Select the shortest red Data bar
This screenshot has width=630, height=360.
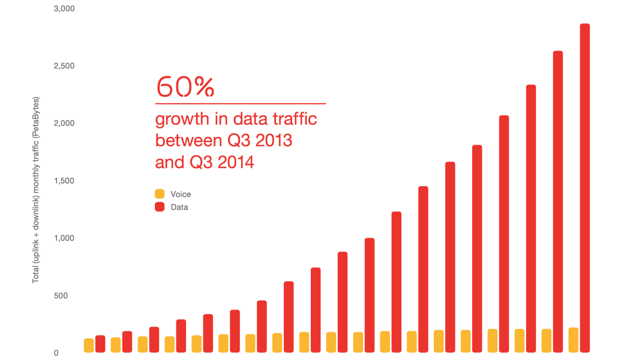coord(100,344)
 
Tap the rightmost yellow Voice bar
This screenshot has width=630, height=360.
coord(574,340)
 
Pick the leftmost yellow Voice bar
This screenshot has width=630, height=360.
coord(89,346)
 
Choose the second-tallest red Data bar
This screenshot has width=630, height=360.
coord(558,202)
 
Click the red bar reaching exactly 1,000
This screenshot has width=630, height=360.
coord(370,295)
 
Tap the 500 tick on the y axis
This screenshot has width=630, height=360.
coord(51,295)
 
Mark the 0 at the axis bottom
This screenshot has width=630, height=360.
coord(56,353)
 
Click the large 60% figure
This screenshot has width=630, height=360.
coord(185,87)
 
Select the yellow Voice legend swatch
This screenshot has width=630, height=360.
coord(160,194)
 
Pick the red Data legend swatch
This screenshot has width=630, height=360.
coord(160,207)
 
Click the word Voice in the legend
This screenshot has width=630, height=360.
coord(181,194)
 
